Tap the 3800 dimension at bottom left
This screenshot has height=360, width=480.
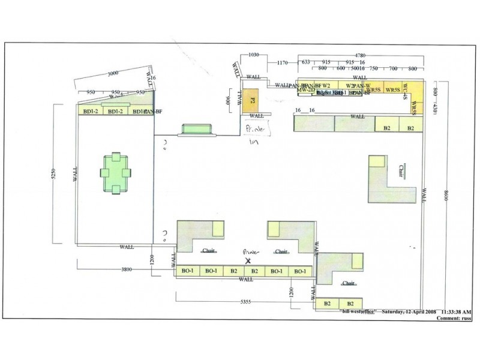126,269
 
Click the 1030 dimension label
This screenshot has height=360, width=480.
253,55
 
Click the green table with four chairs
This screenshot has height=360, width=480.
115,172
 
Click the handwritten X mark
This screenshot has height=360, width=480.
248,261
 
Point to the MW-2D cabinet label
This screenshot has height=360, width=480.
306,90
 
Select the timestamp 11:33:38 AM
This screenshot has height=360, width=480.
456,312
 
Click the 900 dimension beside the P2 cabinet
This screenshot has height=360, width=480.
229,101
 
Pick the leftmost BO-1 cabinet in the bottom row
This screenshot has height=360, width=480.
188,271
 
